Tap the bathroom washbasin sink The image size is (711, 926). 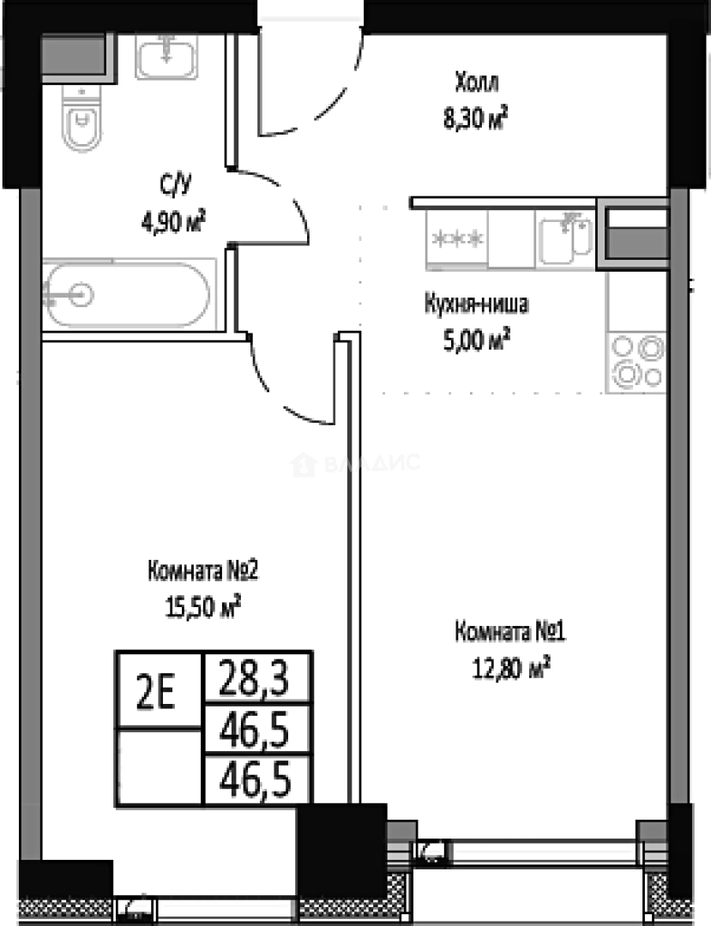(x=166, y=56)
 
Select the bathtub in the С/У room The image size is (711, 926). (x=128, y=294)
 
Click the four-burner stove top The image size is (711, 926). (x=636, y=362)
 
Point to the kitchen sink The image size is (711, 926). (x=565, y=238)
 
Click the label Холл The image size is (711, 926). (x=477, y=82)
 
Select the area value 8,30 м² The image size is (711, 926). (x=475, y=118)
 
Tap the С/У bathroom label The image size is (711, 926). (x=176, y=185)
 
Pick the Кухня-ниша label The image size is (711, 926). (x=476, y=304)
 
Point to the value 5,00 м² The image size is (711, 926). (x=476, y=340)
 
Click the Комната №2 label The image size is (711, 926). (x=202, y=571)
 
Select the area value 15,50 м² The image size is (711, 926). (x=203, y=607)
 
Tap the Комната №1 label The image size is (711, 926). (x=510, y=633)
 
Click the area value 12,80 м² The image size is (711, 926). (x=511, y=669)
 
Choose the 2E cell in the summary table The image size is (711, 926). (x=155, y=692)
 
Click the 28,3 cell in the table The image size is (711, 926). (x=254, y=677)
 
